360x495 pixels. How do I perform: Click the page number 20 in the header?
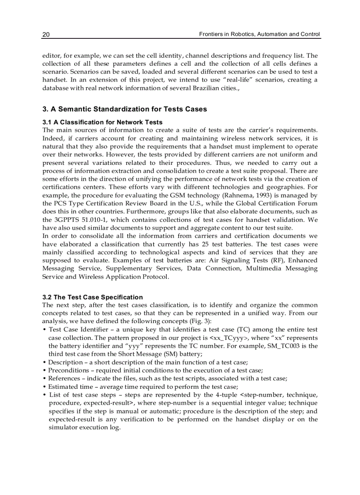(45, 34)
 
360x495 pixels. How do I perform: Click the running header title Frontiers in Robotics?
(259, 34)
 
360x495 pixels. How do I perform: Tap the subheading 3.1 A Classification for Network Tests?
(102, 122)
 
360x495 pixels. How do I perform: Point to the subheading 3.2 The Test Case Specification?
(93, 297)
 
